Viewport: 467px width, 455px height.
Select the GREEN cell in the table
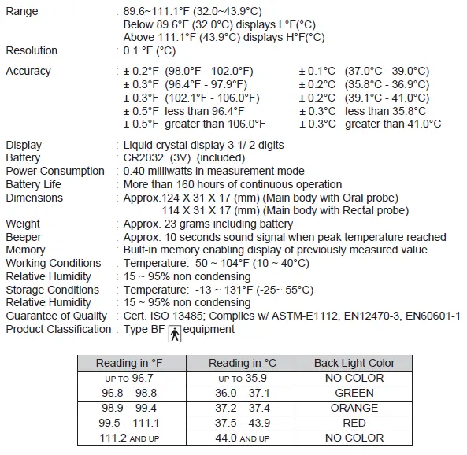354,392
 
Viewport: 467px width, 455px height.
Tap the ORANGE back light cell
354,407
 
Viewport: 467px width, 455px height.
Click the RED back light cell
354,422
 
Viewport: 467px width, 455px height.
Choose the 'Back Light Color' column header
354,363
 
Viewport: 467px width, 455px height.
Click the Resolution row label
32,50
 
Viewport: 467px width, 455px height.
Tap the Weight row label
23,224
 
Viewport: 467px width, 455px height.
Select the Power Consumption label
55,171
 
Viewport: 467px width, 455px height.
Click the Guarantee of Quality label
57,316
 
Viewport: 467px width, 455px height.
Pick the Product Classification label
58,329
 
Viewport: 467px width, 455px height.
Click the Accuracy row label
28,71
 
